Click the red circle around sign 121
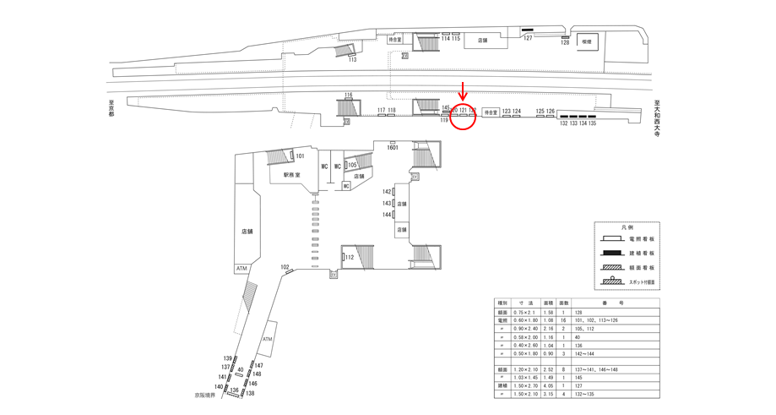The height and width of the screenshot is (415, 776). click(x=464, y=116)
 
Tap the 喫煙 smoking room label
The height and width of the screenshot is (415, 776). click(x=587, y=41)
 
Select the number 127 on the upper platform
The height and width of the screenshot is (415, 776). click(x=528, y=38)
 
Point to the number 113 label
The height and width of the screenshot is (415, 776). click(x=352, y=59)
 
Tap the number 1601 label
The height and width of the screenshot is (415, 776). click(x=392, y=147)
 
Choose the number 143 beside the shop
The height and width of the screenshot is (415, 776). click(x=387, y=204)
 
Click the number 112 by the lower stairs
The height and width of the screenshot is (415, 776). click(x=348, y=258)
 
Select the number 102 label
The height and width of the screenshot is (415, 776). click(x=285, y=268)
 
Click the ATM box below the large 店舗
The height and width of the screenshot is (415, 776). click(x=242, y=268)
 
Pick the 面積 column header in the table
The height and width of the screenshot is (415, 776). click(x=547, y=303)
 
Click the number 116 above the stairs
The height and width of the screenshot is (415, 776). click(x=348, y=95)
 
